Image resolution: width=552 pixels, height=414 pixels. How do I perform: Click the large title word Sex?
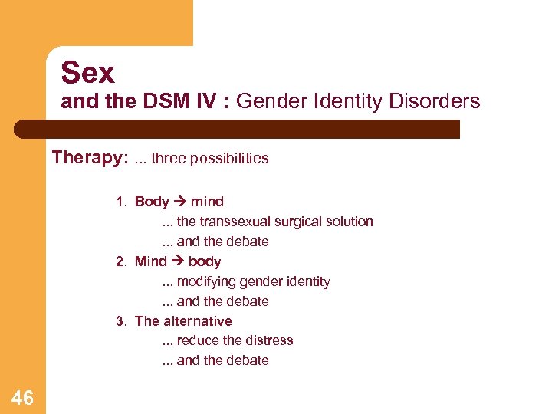coord(87,73)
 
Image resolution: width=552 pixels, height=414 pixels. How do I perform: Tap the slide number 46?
coord(22,397)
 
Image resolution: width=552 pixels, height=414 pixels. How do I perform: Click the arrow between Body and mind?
coord(179,202)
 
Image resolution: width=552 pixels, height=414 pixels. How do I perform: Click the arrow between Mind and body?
coord(177,261)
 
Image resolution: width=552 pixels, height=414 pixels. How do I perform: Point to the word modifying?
coord(208,281)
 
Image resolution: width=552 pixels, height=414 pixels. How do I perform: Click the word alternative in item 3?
coord(196,320)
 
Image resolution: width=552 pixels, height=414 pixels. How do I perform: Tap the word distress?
coord(268,340)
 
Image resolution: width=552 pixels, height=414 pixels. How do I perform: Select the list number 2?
coord(120,261)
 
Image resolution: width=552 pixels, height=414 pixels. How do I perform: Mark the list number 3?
coord(120,320)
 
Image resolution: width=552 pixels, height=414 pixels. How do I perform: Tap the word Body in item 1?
coord(151,202)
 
